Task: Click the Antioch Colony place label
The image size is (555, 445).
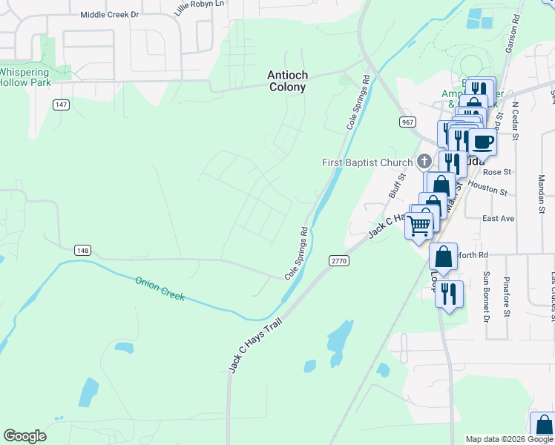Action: pos(287,81)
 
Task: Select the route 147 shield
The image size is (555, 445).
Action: pos(61,105)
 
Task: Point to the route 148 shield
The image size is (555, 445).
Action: pos(82,251)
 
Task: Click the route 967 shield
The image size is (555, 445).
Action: pos(406,122)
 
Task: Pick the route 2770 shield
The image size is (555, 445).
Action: pos(338,260)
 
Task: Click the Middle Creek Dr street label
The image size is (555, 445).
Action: pos(109,14)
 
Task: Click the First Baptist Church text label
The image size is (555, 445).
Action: pos(367,162)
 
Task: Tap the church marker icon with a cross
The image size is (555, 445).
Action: pos(424,161)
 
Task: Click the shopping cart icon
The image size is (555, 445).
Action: pos(419,224)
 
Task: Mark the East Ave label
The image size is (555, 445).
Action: pos(498,219)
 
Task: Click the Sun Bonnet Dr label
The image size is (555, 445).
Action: pos(487,297)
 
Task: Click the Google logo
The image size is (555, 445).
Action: pos(24,436)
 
